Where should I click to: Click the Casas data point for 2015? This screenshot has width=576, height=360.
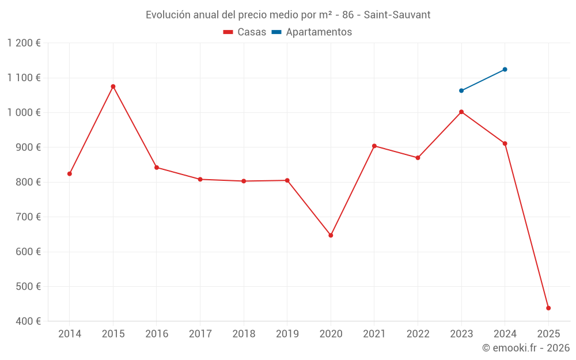pos(113,86)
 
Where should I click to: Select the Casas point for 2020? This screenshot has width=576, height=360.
pos(331,235)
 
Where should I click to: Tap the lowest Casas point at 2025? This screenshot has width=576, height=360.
pos(548,308)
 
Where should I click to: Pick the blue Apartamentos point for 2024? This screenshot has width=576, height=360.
pos(505,69)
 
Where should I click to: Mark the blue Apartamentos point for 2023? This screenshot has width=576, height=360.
pos(461,90)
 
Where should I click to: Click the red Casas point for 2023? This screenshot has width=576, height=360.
pos(461,112)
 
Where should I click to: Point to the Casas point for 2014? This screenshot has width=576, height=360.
pos(70,173)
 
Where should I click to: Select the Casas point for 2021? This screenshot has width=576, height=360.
pos(374,146)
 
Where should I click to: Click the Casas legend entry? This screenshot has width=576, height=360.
pos(245,32)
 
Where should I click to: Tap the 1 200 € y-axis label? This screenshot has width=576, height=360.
pos(24,43)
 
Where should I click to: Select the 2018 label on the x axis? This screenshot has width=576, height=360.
pos(244,334)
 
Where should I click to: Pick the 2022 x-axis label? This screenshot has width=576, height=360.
pos(418,334)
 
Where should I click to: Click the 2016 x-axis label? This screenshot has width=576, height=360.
pos(157,334)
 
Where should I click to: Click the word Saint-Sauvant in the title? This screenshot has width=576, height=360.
pos(397,14)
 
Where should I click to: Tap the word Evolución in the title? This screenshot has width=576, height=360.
pos(168,14)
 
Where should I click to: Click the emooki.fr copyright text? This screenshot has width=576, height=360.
pos(525,348)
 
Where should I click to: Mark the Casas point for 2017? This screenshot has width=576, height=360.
pos(200,179)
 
